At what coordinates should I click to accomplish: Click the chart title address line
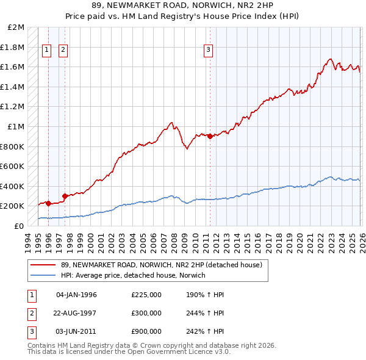tap(183, 6)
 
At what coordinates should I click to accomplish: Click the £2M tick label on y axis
tap(16, 27)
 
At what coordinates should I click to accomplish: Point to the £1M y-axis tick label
tap(16, 127)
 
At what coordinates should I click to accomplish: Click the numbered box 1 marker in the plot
tap(47, 51)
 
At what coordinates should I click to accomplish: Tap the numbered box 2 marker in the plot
tap(63, 51)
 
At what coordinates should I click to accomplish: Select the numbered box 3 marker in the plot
tap(208, 51)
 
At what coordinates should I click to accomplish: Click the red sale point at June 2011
tap(210, 137)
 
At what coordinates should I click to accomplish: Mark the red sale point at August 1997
tap(64, 196)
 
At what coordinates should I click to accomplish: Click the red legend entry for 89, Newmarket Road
tap(161, 265)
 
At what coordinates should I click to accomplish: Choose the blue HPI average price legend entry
tap(133, 276)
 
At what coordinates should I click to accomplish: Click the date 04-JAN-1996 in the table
tap(76, 295)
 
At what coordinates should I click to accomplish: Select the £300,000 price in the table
tap(146, 313)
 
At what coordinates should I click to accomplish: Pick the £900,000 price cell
tap(146, 331)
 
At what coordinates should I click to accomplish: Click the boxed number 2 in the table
tap(31, 313)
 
